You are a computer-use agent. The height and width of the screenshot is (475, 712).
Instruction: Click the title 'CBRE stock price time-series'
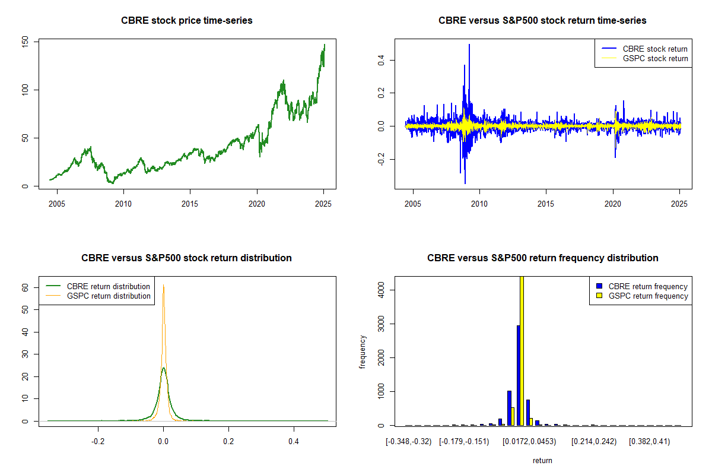186,21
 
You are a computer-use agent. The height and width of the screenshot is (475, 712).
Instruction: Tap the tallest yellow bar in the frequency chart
522,350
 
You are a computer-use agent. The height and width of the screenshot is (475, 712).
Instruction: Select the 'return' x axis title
542,460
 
